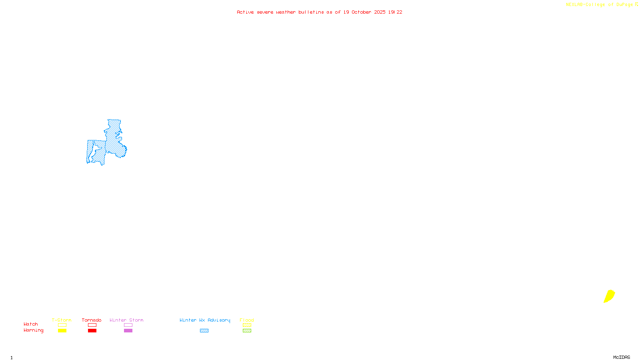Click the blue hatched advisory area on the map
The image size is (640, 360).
point(113,140)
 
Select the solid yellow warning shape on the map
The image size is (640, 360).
point(609,296)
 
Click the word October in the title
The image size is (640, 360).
point(361,12)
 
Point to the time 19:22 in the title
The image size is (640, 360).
point(395,12)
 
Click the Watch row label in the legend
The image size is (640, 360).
point(31,324)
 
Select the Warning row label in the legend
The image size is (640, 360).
point(34,330)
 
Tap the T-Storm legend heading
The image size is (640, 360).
point(62,320)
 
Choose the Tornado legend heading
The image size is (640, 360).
point(92,320)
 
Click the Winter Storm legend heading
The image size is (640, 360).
point(126,320)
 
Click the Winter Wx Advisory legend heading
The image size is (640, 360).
point(205,320)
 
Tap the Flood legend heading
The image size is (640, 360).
point(247,320)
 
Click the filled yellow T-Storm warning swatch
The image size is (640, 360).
point(62,331)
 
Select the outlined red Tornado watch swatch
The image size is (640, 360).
point(92,325)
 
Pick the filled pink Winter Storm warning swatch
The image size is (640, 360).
point(128,331)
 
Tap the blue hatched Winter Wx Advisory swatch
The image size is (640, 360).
point(204,331)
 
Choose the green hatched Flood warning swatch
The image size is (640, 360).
point(247,331)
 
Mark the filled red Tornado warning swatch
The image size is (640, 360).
point(92,331)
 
